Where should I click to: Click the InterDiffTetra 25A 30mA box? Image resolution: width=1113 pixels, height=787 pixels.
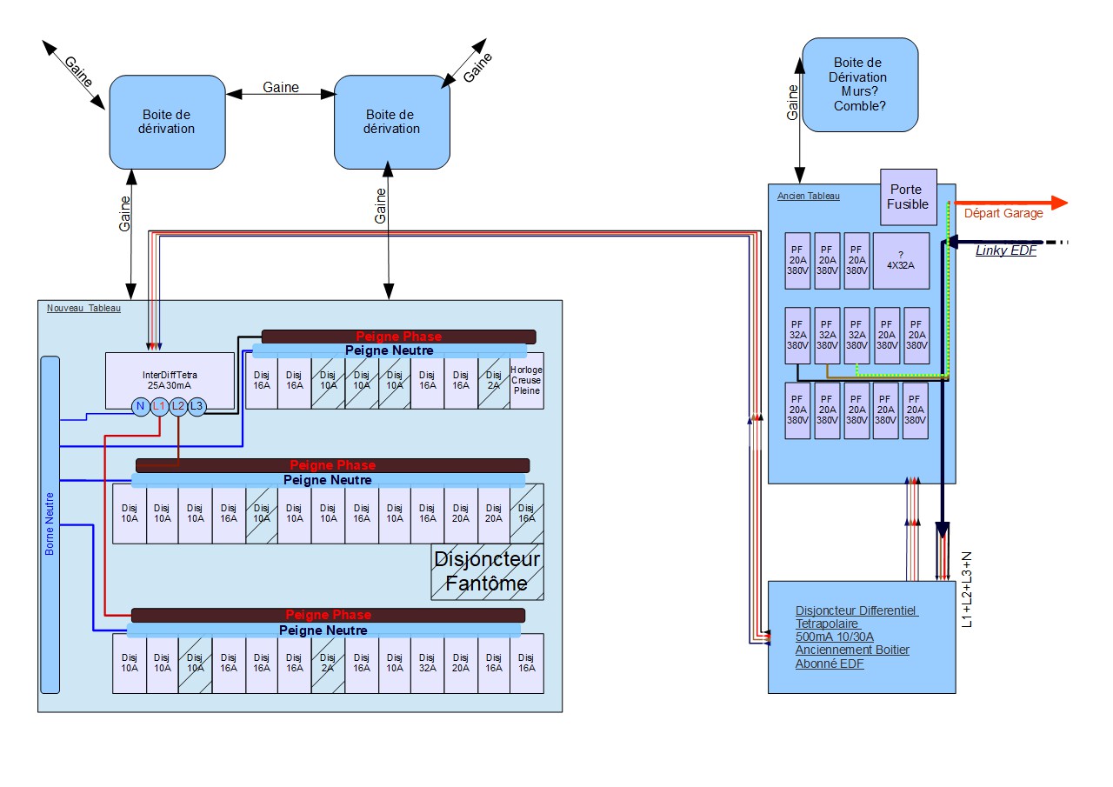point(170,374)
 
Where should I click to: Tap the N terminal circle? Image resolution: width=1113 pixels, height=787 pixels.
point(140,406)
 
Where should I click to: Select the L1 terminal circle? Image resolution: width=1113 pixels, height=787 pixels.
point(159,406)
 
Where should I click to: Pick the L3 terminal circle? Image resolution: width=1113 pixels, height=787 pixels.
point(197,406)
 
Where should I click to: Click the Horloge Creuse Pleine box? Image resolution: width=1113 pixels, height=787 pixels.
point(526,380)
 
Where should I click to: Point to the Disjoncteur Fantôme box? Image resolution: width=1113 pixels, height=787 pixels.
point(487,571)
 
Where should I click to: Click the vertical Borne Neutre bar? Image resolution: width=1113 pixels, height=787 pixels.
point(50,524)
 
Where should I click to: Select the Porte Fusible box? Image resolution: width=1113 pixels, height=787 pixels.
point(908,197)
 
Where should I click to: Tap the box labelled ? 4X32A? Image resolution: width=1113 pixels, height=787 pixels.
point(901,260)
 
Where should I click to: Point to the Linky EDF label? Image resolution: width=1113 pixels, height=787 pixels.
point(1005,250)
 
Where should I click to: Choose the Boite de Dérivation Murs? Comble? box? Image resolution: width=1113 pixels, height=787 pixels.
point(860,84)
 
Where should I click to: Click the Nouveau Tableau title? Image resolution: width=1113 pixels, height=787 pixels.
point(83,308)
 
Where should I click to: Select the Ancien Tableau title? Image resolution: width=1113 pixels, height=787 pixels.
point(808,196)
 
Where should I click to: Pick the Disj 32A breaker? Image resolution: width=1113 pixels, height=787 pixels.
point(428,663)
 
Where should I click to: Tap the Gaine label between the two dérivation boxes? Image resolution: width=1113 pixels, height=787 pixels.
point(281,87)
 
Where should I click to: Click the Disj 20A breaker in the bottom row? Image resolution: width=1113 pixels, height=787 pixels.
point(461,663)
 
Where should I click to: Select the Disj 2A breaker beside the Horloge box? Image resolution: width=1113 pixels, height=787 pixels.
point(494,380)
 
